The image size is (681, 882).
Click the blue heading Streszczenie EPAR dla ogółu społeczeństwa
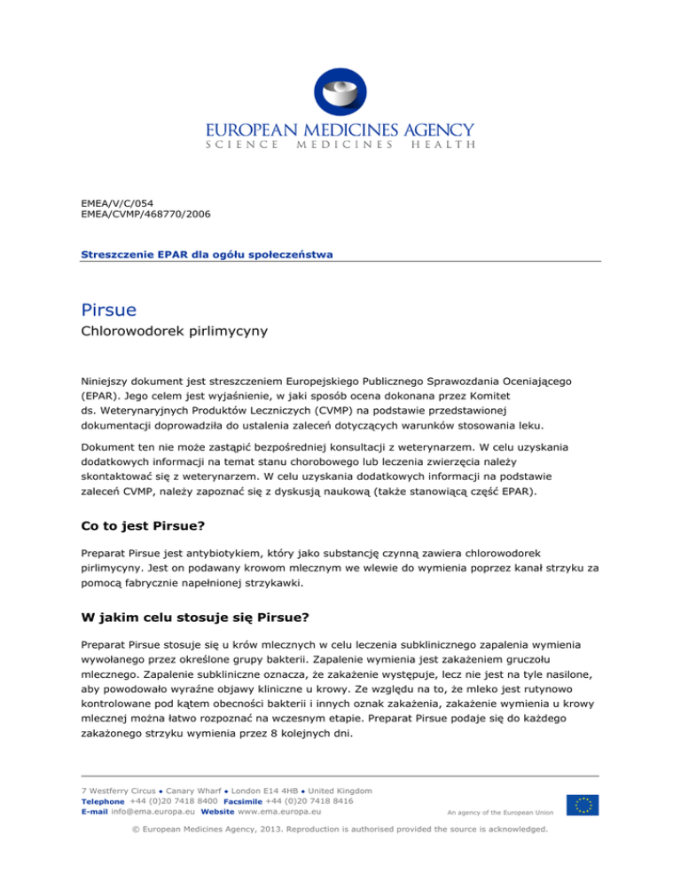[x=207, y=255]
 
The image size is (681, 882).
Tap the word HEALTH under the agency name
[x=442, y=144]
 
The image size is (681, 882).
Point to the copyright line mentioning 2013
[x=340, y=831]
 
